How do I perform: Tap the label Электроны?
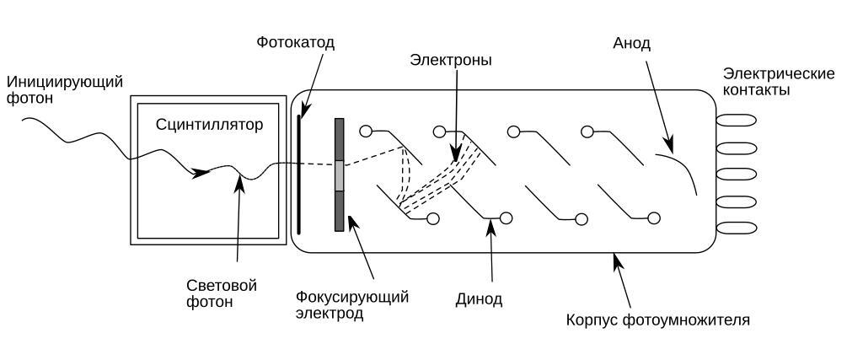(x=451, y=61)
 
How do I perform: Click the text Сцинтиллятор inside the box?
(x=210, y=125)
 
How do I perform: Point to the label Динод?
(x=479, y=298)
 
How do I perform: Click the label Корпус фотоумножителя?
(x=658, y=320)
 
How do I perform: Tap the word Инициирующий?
(x=64, y=82)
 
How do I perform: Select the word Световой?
(x=222, y=285)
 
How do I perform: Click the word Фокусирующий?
(x=352, y=297)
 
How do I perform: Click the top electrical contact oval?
(x=736, y=121)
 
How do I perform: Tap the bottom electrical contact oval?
(x=736, y=228)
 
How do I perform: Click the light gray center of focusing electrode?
(x=340, y=175)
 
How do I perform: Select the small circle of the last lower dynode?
(x=654, y=219)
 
